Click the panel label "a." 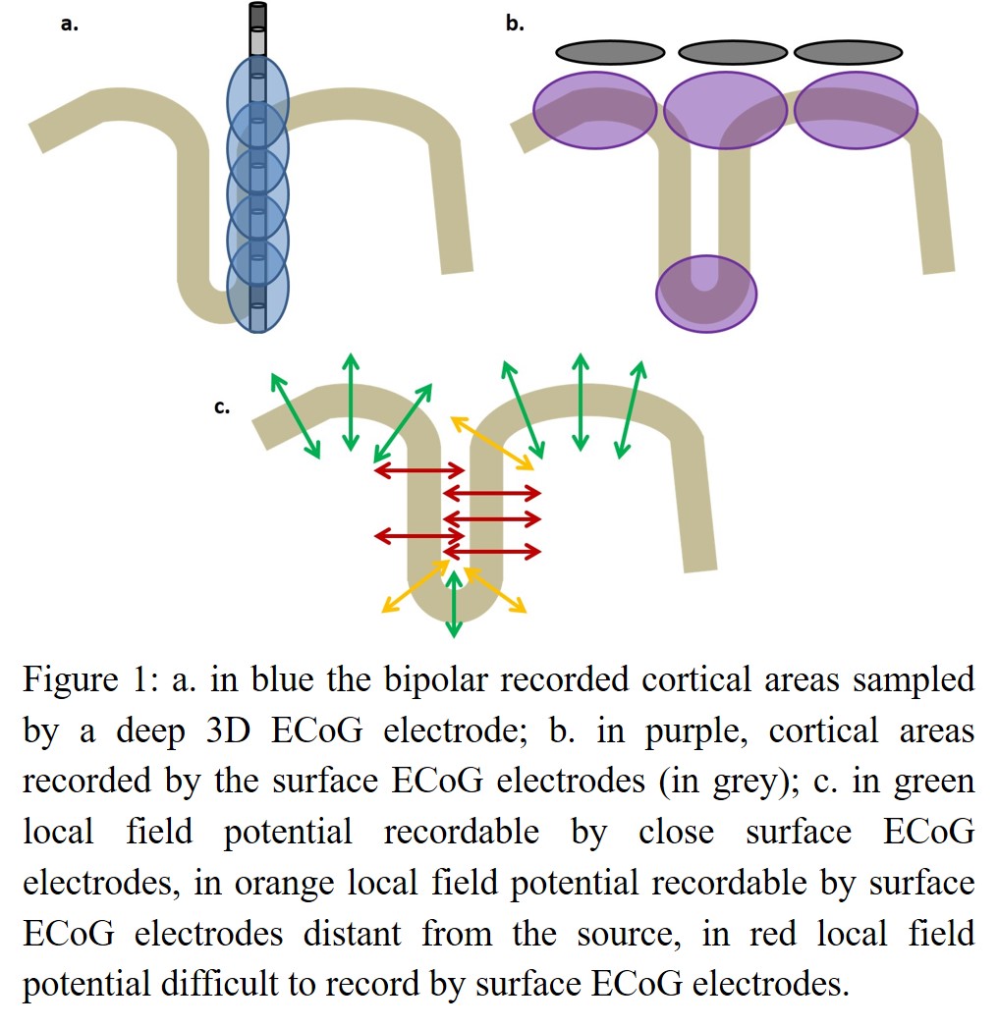tap(69, 25)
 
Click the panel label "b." tap(515, 24)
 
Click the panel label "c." tap(222, 406)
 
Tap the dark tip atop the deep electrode tap(258, 16)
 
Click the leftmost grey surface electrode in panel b tap(610, 51)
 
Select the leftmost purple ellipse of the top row tap(595, 110)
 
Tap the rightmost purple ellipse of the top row tap(856, 110)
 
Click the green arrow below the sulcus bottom tap(453, 603)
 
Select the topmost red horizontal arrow tap(419, 471)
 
